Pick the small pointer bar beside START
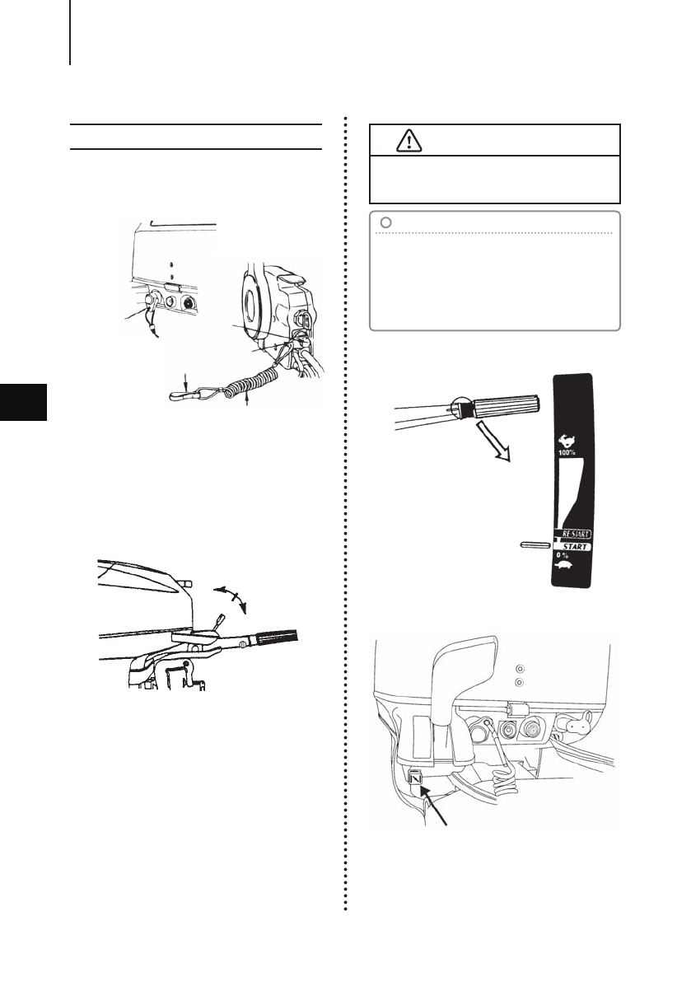coord(534,544)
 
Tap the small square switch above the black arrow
coord(414,774)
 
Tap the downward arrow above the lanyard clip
coord(187,381)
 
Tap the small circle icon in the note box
coord(385,221)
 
